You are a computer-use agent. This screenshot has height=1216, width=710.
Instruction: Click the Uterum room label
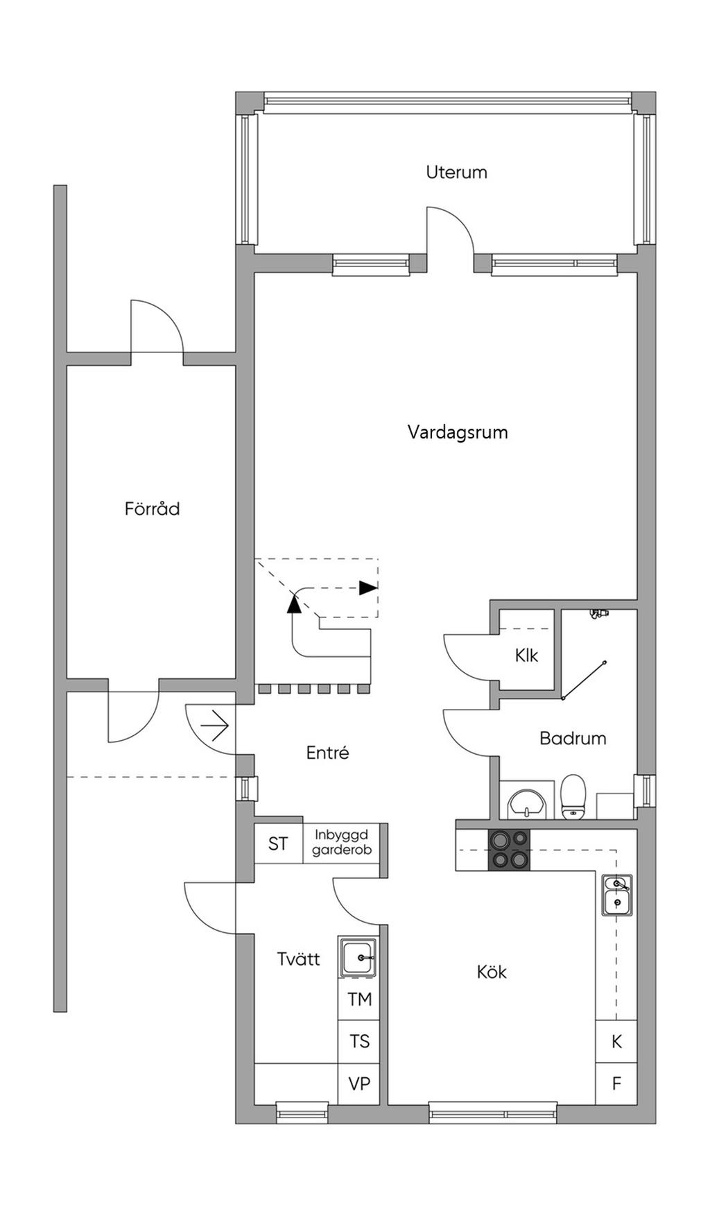[x=456, y=172]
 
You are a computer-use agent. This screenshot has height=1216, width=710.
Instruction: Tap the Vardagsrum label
[x=458, y=432]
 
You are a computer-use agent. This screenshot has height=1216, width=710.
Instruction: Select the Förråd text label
[x=152, y=508]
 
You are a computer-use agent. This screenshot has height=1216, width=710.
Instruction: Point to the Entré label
[x=327, y=753]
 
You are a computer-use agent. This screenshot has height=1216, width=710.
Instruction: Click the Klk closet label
[x=526, y=656]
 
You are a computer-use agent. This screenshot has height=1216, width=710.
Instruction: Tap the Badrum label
[x=573, y=738]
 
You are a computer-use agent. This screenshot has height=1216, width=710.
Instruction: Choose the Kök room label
[x=492, y=972]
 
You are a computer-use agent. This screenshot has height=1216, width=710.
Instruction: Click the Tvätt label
[x=298, y=959]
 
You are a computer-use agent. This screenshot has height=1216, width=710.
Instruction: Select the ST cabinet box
[x=279, y=844]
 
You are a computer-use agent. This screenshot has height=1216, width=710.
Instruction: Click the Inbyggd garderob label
[x=342, y=842]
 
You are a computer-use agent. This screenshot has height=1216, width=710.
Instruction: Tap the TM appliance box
[x=359, y=1000]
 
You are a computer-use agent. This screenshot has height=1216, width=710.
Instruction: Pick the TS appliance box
[x=359, y=1041]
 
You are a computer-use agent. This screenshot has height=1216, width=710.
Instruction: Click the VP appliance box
[x=359, y=1084]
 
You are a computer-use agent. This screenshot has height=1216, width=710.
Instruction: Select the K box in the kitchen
[x=616, y=1041]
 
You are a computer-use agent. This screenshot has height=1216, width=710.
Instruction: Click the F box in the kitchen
[x=616, y=1084]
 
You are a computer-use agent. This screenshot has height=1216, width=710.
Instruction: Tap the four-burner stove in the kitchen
[x=510, y=850]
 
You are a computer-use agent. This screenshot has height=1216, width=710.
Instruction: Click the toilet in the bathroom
[x=573, y=797]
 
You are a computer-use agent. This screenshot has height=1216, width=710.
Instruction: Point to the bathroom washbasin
[x=527, y=805]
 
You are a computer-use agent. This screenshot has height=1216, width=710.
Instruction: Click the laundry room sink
[x=358, y=957]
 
